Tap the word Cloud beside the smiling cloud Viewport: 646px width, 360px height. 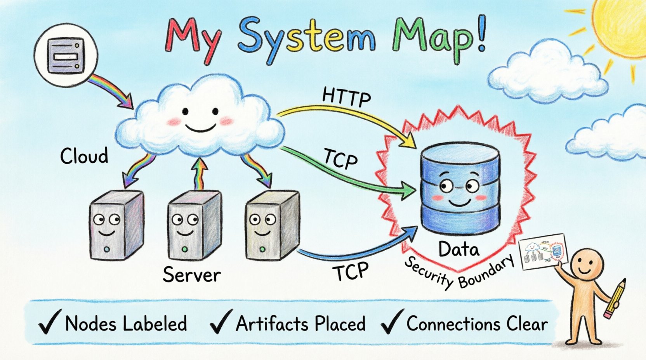coord(84,156)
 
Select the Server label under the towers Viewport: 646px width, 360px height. coord(191,275)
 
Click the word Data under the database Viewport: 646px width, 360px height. coord(458,249)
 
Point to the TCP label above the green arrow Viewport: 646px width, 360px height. coord(340,159)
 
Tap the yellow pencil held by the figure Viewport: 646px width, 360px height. coord(615,299)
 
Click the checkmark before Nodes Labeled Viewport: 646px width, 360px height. coord(49,323)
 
